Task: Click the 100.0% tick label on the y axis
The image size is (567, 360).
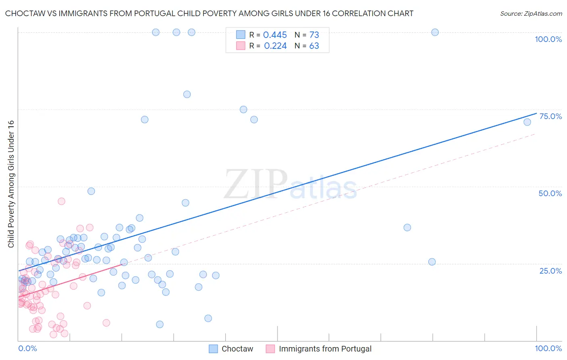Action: point(548,39)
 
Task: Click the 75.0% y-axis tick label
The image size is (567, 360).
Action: point(550,116)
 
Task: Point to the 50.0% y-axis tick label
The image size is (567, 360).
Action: point(550,193)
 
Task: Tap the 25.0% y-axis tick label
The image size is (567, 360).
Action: point(550,270)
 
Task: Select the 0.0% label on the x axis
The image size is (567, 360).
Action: point(27,348)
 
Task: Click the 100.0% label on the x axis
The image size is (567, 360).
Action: point(548,348)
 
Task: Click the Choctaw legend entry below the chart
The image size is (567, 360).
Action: point(237,349)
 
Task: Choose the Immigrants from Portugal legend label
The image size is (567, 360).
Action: point(325,349)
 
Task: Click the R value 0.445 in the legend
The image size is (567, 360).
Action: point(275,35)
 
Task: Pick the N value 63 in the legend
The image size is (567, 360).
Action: point(314,46)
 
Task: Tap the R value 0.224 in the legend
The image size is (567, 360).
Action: point(275,46)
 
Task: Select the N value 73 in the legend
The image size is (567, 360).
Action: point(314,35)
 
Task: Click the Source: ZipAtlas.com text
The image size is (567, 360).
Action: point(531,13)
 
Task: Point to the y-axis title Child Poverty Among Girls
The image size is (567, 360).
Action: point(11,184)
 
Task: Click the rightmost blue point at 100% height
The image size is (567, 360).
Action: point(435,32)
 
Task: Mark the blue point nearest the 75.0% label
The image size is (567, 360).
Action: point(527,122)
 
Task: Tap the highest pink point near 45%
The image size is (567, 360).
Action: point(61,201)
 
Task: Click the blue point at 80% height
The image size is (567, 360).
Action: point(187,94)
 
